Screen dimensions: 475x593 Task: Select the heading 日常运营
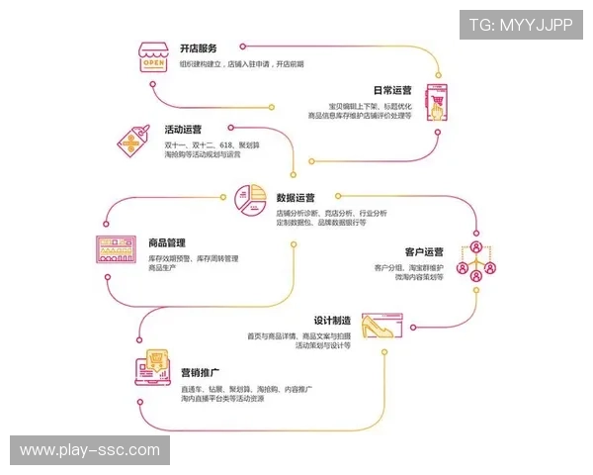click(392, 90)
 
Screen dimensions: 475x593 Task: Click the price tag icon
click(134, 141)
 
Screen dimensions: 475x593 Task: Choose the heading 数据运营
click(296, 198)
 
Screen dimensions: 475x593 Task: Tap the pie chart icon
click(251, 202)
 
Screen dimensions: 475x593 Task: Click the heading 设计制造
click(333, 321)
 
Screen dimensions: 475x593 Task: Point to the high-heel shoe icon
click(380, 327)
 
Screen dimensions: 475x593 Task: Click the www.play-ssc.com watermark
click(90, 450)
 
